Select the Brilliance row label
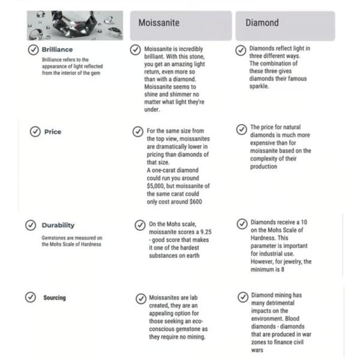pyautogui.click(x=58, y=50)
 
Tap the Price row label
pyautogui.click(x=53, y=132)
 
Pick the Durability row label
pyautogui.click(x=58, y=225)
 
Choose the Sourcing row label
pyautogui.click(x=55, y=298)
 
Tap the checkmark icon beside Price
pyautogui.click(x=35, y=132)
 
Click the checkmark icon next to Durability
pyautogui.click(x=30, y=225)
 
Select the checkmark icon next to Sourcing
pyautogui.click(x=30, y=298)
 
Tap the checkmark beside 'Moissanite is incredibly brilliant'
pyautogui.click(x=137, y=49)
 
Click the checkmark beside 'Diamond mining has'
pyautogui.click(x=242, y=297)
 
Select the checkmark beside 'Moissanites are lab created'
pyautogui.click(x=139, y=298)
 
